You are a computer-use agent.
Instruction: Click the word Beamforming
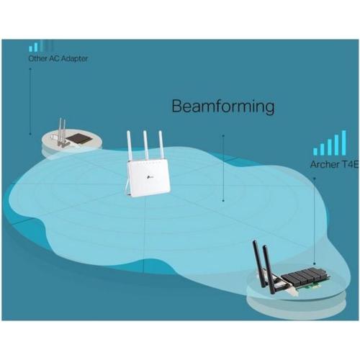coord(223,107)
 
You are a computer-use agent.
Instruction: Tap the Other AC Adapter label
coord(58,58)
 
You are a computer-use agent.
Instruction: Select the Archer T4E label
coord(334,165)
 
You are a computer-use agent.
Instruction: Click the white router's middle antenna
coord(145,146)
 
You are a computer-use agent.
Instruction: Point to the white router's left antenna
coord(130,146)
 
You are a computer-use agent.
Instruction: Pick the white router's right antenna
coord(161,146)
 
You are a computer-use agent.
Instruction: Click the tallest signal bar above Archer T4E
coord(343,143)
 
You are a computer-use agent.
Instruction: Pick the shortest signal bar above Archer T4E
coord(315,151)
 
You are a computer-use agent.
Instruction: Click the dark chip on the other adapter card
coord(79,139)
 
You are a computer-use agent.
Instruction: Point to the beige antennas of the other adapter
coord(61,131)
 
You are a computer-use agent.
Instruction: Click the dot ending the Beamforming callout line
coord(223,200)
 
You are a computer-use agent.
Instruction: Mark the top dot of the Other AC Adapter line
coord(30,68)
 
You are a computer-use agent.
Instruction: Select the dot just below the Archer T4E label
coord(315,179)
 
